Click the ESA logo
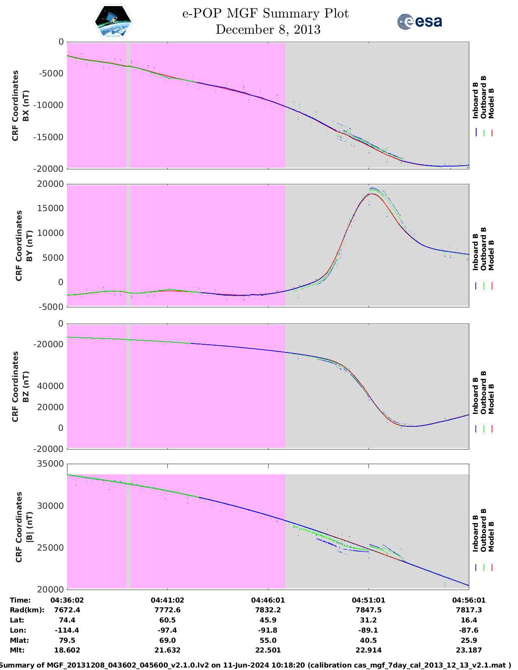click(x=420, y=22)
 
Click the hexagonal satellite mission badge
click(x=113, y=22)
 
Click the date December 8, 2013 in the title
click(x=268, y=30)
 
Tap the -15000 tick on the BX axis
click(x=52, y=137)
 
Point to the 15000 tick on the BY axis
click(x=52, y=208)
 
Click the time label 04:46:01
click(x=268, y=600)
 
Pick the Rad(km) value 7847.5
click(x=368, y=610)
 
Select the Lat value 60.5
click(x=167, y=620)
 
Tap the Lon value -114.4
click(x=67, y=630)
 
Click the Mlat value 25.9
click(x=469, y=640)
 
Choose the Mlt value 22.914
click(x=368, y=650)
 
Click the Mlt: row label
click(x=17, y=650)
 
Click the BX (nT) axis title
click(x=26, y=106)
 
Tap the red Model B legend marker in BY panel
click(x=492, y=286)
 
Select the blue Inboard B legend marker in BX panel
click(x=476, y=133)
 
